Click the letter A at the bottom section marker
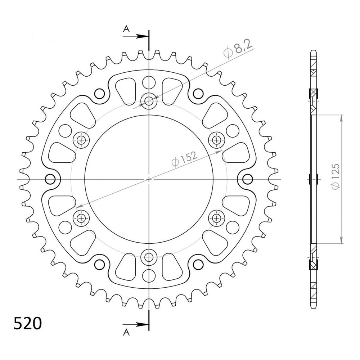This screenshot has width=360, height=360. [x=126, y=331]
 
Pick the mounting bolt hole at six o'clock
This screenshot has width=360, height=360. [x=149, y=257]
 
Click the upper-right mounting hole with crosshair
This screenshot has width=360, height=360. [x=217, y=140]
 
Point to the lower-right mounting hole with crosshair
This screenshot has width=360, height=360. [x=217, y=217]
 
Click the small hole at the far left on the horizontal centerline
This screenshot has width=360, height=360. [x=50, y=179]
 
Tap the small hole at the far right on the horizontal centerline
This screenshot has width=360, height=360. [x=247, y=179]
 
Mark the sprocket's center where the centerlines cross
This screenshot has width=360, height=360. [x=149, y=179]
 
